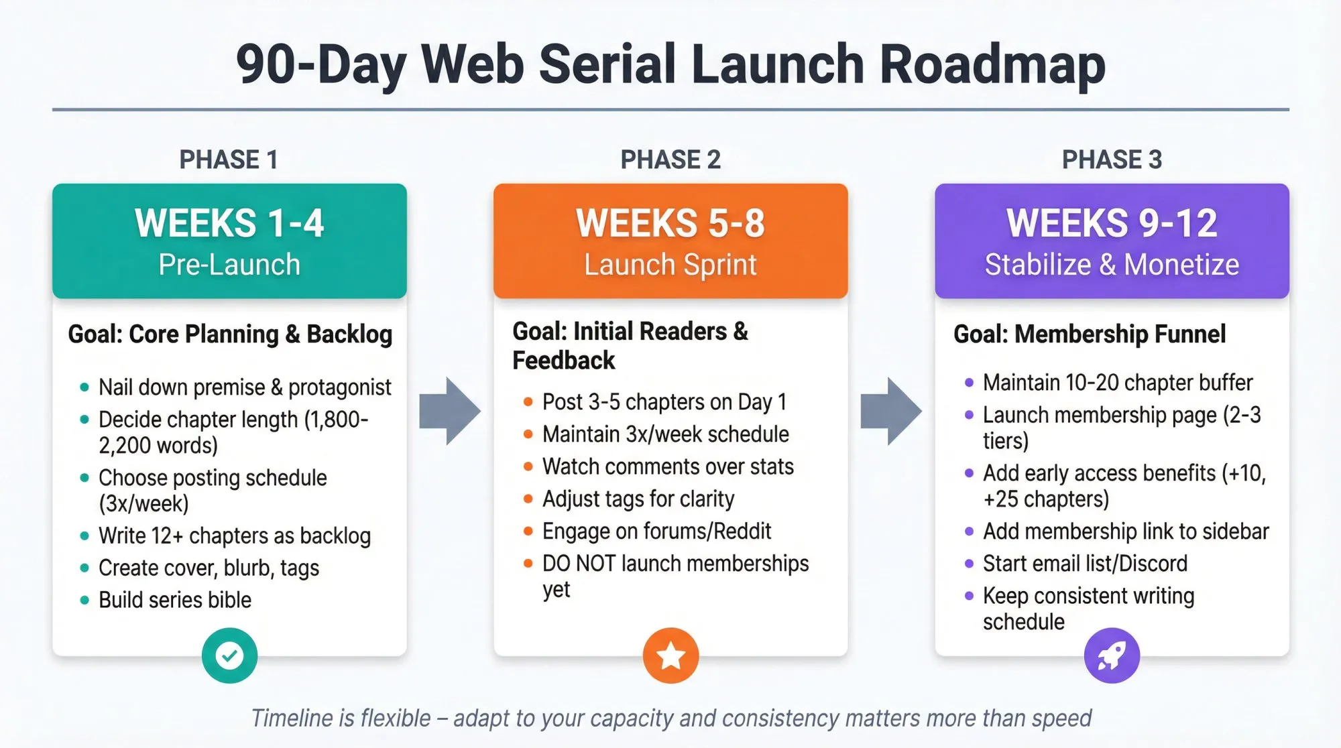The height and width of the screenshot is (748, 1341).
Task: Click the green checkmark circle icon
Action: click(x=229, y=656)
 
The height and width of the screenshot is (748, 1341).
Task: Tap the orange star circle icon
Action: click(x=670, y=656)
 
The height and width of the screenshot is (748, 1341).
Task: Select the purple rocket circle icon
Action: click(x=1112, y=656)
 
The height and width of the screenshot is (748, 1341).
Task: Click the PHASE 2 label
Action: click(x=670, y=160)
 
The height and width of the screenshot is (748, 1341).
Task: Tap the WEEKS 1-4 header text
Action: click(x=229, y=223)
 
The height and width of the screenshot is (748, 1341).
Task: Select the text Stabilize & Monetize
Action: click(x=1112, y=264)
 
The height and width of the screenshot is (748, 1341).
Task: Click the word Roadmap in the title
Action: click(x=992, y=64)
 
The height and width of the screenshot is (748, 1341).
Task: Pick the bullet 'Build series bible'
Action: click(x=175, y=600)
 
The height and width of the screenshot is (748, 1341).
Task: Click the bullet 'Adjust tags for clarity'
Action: click(x=638, y=499)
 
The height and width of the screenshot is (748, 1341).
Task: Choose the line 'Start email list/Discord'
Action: click(x=1085, y=563)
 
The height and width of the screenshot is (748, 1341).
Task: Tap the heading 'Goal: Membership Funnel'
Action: click(x=1090, y=334)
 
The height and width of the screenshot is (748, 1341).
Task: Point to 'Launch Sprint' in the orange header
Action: click(x=670, y=264)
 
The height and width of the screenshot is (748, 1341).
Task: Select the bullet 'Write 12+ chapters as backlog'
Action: click(x=235, y=536)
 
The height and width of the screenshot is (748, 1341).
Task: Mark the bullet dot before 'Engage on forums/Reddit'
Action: click(x=528, y=532)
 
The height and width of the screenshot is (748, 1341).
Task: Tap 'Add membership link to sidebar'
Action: click(x=1126, y=531)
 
